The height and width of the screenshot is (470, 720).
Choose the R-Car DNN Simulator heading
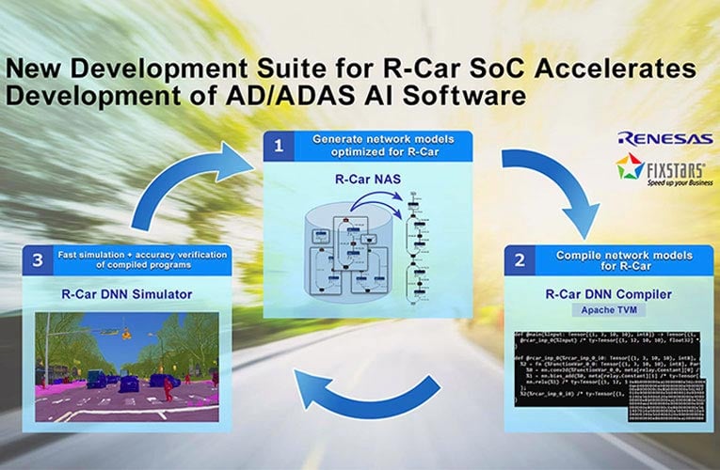(x=127, y=293)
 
